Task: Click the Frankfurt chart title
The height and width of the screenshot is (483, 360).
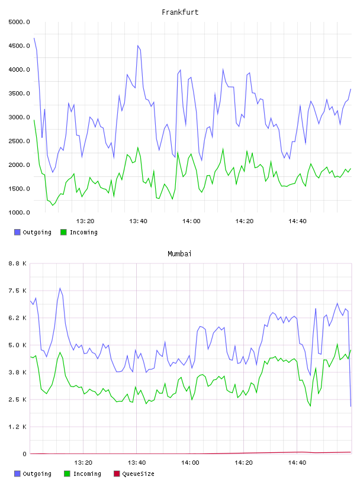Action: point(180,12)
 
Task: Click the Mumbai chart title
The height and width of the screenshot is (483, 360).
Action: point(179,254)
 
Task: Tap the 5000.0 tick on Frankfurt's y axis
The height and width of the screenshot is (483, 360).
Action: point(19,22)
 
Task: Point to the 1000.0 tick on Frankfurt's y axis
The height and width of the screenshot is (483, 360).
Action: point(19,212)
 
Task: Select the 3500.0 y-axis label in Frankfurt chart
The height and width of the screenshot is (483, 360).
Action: point(19,94)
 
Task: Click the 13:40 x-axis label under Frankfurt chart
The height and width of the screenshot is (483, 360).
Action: point(138,221)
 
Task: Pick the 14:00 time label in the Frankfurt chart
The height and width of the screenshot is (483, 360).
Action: point(191,221)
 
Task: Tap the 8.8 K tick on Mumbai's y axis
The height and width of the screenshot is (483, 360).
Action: point(18,263)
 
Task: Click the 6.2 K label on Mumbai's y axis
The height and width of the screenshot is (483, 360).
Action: point(18,318)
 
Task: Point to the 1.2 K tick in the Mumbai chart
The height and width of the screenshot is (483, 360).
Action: point(18,427)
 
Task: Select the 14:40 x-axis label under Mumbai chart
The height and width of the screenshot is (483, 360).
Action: point(297,463)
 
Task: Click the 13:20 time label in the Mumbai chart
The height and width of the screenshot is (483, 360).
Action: point(83,463)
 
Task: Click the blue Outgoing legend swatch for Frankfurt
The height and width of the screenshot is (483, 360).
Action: point(17,232)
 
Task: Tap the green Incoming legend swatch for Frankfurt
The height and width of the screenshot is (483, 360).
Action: point(63,232)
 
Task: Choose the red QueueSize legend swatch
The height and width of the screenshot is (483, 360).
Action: point(117,474)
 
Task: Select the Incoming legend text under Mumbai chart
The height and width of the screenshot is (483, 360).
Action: point(87,474)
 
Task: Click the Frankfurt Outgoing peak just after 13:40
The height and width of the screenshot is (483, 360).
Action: point(138,46)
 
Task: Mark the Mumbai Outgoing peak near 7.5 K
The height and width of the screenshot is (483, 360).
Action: point(60,288)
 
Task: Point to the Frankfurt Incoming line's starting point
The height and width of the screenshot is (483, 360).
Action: point(34,120)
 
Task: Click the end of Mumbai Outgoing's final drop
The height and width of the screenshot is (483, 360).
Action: point(351,406)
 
